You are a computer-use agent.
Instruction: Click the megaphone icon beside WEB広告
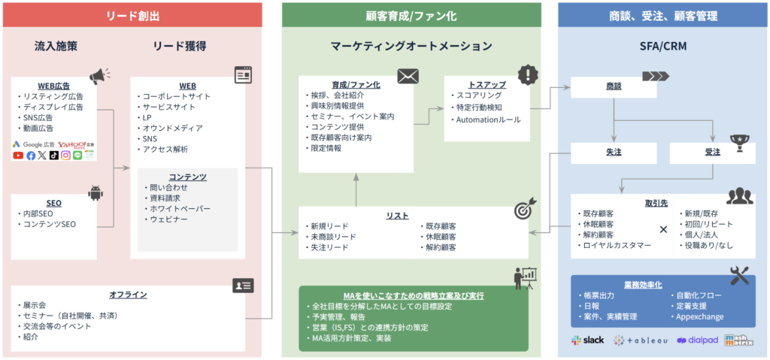point(99,75)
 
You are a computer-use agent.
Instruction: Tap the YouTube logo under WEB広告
point(18,156)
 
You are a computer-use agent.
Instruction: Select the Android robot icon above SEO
point(95,193)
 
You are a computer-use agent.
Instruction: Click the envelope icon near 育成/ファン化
point(408,75)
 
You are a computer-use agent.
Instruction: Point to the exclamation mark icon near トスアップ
point(529,74)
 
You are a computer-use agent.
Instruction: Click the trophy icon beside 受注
point(739,143)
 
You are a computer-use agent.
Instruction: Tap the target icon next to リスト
point(523,211)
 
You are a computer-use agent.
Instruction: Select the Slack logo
point(587,340)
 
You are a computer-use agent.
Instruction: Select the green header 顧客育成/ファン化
point(411,15)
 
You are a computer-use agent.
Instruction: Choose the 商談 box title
point(614,86)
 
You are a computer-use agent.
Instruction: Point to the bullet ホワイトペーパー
point(180,208)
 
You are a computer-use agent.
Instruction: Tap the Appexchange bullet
point(700,316)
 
